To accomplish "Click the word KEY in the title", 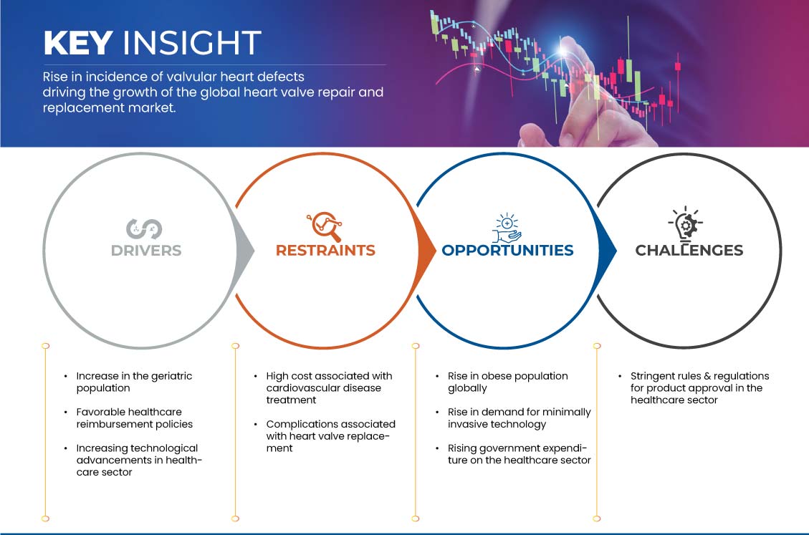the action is click(x=78, y=43).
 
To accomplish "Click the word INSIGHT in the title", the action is click(x=192, y=43).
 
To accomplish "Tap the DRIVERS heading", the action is click(x=146, y=250).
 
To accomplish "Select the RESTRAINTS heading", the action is click(x=325, y=250).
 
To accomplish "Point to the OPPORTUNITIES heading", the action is click(x=508, y=250).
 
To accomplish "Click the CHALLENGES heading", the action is click(x=689, y=250).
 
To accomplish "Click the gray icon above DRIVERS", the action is click(x=145, y=229).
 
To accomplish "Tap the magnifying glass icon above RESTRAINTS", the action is click(x=325, y=226).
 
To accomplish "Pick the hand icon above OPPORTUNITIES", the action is click(x=507, y=228).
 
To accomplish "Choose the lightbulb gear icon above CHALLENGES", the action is click(x=686, y=223).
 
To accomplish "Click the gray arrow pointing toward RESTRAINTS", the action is click(x=245, y=251).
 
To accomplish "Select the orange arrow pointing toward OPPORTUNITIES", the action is click(x=426, y=251).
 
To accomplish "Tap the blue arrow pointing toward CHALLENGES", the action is click(x=607, y=251).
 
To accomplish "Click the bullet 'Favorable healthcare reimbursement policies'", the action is click(x=134, y=418).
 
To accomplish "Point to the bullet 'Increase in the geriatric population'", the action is click(x=134, y=382).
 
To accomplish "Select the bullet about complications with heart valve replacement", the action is click(x=331, y=436).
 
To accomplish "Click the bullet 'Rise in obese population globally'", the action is click(x=508, y=382).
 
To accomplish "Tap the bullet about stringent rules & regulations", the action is click(x=699, y=387).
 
